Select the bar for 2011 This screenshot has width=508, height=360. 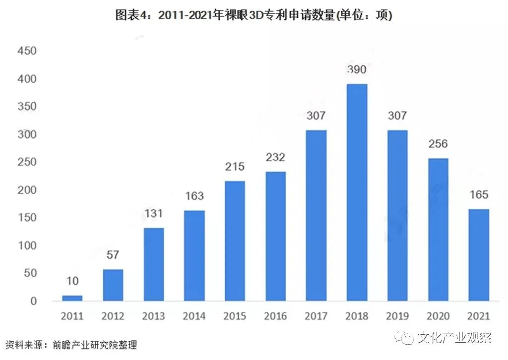(x=72, y=298)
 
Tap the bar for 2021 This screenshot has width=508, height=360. (x=479, y=255)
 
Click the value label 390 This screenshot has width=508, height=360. (x=357, y=69)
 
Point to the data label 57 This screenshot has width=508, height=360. (x=113, y=255)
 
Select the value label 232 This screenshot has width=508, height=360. (x=275, y=157)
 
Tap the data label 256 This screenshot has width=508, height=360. (x=438, y=144)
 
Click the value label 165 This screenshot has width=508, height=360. (x=479, y=194)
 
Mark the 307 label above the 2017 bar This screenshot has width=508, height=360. (x=316, y=116)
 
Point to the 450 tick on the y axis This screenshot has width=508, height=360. (x=28, y=51)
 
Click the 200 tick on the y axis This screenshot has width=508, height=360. (x=28, y=190)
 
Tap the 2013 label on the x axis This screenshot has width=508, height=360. (x=153, y=316)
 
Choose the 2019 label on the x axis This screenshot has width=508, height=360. (x=397, y=316)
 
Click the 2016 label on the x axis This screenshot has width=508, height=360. (x=275, y=316)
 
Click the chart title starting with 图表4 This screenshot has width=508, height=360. (x=254, y=15)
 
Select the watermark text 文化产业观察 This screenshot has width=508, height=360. (x=454, y=338)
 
